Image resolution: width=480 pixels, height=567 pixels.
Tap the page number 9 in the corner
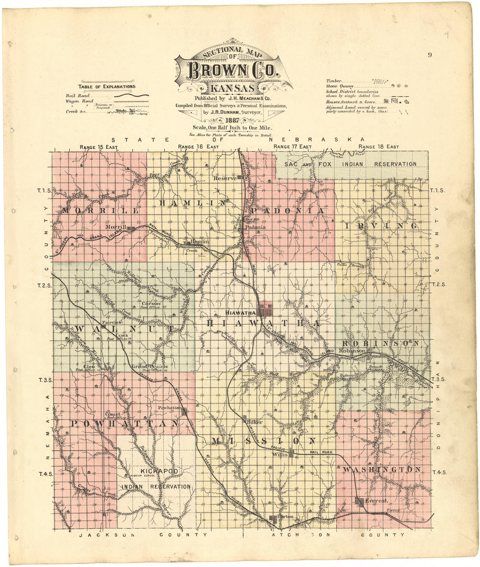coord(430,55)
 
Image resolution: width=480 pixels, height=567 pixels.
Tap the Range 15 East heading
coord(99,147)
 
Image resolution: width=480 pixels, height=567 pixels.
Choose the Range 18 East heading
coord(378,147)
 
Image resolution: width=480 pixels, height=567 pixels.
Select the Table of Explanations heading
coord(107,86)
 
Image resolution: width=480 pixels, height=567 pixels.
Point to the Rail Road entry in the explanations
coord(78,96)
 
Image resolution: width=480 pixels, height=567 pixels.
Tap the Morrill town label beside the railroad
coord(116,228)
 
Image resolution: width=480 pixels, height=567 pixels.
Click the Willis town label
coord(280,454)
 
